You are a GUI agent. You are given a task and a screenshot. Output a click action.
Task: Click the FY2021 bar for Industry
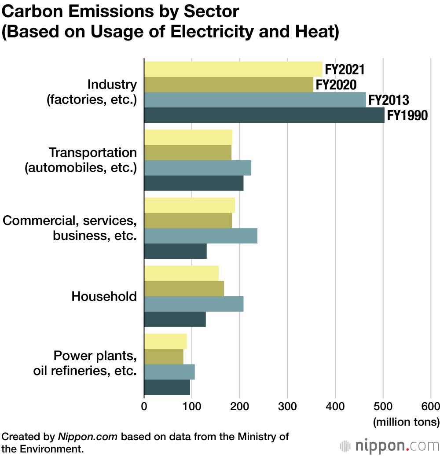[233, 70]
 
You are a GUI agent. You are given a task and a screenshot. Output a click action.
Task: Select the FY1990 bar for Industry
[264, 115]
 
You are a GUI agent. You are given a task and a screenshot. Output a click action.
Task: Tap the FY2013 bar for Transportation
[198, 168]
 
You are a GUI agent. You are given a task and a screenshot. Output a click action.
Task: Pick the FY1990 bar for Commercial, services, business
[175, 251]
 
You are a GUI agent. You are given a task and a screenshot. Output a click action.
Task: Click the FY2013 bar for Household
[194, 304]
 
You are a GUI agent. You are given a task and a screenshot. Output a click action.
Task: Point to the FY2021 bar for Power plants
[165, 342]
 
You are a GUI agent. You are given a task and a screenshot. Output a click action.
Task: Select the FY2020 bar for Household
[184, 289]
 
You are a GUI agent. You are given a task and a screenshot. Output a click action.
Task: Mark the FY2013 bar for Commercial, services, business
[201, 236]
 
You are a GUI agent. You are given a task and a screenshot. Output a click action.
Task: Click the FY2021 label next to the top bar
[345, 70]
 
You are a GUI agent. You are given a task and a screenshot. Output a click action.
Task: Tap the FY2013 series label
[389, 100]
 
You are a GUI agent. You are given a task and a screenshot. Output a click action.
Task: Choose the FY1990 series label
[407, 115]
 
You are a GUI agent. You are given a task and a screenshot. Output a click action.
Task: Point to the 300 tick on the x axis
[287, 406]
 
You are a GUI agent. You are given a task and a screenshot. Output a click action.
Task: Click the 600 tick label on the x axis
[431, 406]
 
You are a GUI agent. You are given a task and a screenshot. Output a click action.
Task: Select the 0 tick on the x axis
[144, 406]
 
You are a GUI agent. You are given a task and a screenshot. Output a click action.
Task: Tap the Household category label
[104, 296]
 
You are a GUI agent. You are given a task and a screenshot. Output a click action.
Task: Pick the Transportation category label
[93, 152]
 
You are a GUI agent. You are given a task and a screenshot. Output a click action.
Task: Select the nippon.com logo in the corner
[389, 445]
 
